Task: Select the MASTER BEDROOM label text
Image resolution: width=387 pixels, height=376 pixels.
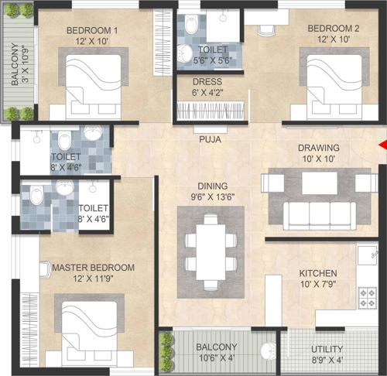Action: tap(93, 268)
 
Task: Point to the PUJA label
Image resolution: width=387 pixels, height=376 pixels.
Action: tap(210, 140)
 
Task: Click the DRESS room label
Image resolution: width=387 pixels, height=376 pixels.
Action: tap(207, 81)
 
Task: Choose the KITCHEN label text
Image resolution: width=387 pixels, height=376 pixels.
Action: tap(319, 273)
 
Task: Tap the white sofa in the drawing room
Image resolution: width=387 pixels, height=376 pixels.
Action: tap(317, 213)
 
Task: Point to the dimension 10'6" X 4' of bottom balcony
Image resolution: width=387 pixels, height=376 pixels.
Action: tap(217, 357)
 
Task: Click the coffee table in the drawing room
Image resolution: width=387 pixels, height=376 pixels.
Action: tap(319, 183)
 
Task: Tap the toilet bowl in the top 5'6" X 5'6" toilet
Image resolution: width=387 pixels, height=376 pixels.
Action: tap(187, 53)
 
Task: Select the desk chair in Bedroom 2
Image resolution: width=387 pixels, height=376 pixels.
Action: tap(266, 31)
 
